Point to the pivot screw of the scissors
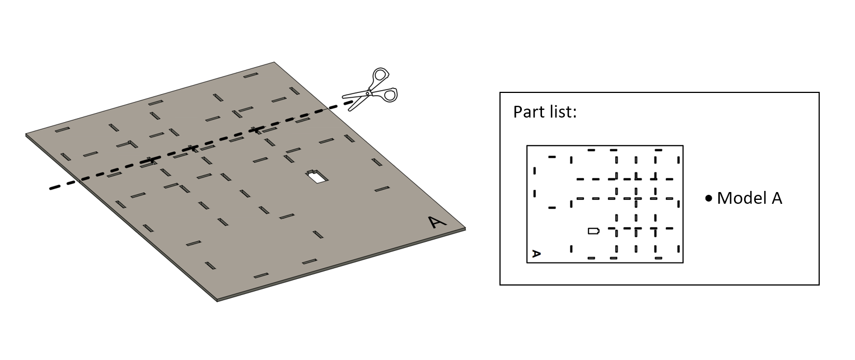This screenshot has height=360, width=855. (x=368, y=92)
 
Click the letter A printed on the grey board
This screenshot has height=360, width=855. (x=437, y=222)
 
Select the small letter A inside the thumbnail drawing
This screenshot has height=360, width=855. (x=536, y=254)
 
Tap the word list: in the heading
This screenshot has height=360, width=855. (x=562, y=112)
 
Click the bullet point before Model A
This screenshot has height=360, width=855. (x=709, y=199)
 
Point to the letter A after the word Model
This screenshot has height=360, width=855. (x=777, y=198)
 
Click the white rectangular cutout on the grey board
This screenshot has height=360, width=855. (x=317, y=177)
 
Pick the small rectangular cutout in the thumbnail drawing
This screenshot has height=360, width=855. (x=594, y=231)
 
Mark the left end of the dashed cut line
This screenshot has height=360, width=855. (x=50, y=188)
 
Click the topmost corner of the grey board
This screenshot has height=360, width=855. (x=274, y=62)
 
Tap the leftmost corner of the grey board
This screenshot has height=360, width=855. (x=26, y=134)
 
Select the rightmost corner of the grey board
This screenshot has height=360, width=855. (x=465, y=228)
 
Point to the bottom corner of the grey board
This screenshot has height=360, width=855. (x=217, y=301)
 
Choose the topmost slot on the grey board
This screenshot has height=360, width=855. (x=251, y=75)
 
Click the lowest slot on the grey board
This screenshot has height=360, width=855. (x=261, y=275)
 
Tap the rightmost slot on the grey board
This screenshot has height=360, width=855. (x=382, y=189)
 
